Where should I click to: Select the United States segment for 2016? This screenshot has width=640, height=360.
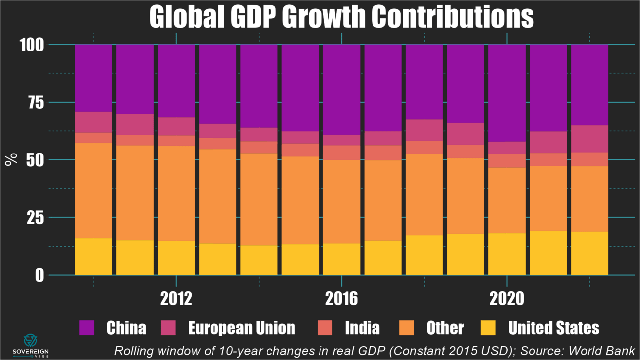(342, 259)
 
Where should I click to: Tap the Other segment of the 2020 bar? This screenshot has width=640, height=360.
(507, 200)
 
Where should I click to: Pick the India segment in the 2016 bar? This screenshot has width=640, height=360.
(342, 153)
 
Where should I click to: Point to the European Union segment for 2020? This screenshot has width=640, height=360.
(507, 148)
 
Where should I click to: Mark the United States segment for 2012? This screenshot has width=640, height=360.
(176, 257)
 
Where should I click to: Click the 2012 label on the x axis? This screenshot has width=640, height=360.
(176, 299)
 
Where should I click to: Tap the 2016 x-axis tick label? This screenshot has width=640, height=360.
(342, 299)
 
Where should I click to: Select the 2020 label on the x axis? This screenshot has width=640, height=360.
(507, 299)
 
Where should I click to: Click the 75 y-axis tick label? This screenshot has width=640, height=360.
(35, 103)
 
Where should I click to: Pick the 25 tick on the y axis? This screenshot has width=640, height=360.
(35, 218)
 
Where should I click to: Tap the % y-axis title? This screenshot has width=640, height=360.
(11, 159)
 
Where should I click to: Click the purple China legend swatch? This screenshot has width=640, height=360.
(87, 328)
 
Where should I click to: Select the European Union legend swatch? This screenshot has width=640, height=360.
(169, 328)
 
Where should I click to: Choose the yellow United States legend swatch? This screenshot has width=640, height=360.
(488, 328)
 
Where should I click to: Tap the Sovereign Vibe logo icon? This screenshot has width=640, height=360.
(30, 340)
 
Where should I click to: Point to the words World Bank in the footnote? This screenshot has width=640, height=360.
(601, 351)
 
